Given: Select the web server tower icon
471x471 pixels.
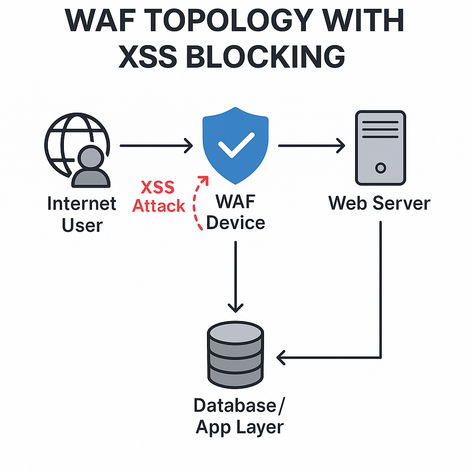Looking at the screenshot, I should coord(380,147).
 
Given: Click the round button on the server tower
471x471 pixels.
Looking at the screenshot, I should coord(380,168).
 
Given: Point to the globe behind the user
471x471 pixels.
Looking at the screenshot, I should coord(69,133).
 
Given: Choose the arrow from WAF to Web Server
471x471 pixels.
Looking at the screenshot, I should coord(311,146).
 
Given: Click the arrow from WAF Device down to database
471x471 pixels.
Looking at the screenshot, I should coord(235,276).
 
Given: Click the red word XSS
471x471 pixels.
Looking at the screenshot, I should coord(158,188).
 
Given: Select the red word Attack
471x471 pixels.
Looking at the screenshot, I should coord(159,206).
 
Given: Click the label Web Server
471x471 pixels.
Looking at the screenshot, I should coord(379,203).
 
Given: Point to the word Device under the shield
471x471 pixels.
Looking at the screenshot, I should coord(235,223).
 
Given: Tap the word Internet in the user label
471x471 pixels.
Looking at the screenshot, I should coord(82,204).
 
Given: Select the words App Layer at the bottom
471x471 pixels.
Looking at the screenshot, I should coord(240,427).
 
